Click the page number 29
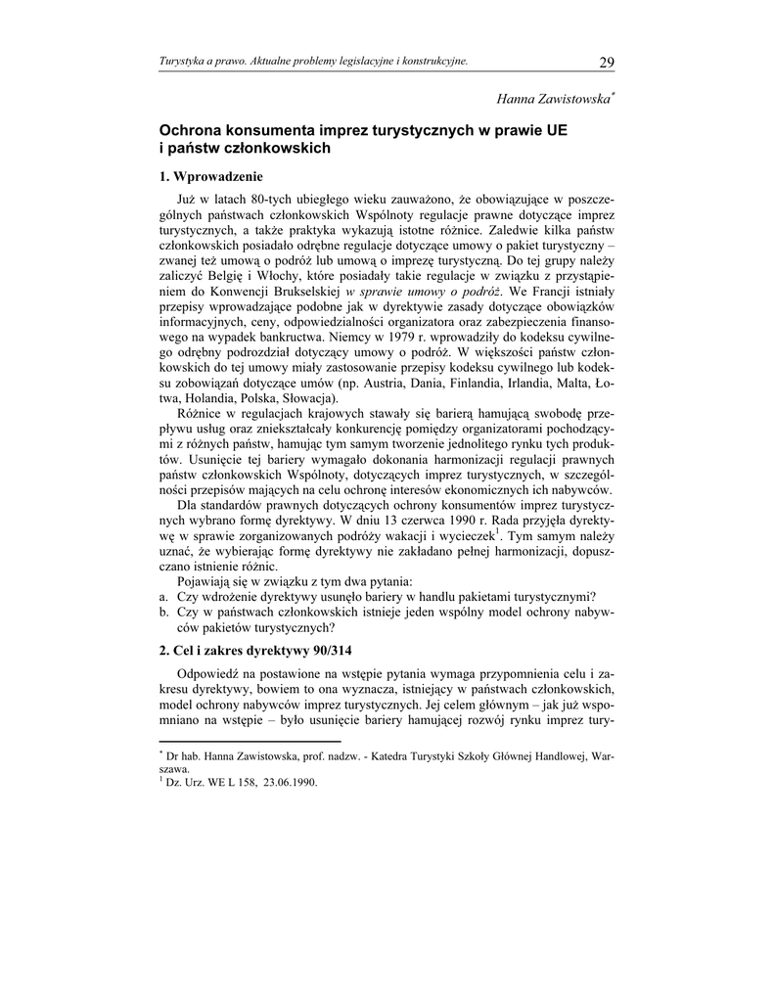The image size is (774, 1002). click(x=606, y=63)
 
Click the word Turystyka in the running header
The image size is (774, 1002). click(x=186, y=63)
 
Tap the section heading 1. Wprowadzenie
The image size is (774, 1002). click(x=211, y=177)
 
